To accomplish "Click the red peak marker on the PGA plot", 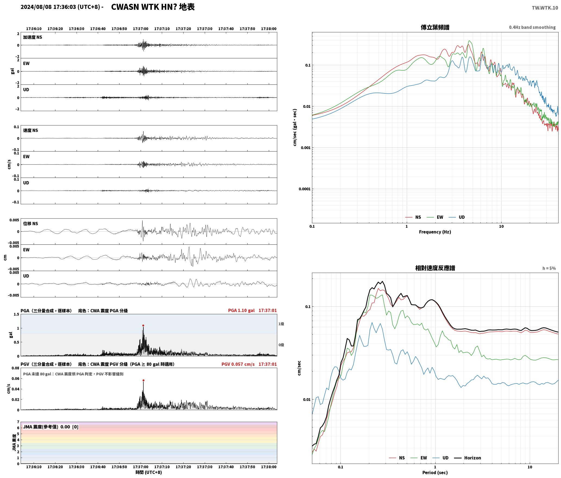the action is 143,325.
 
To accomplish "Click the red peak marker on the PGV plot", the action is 143,380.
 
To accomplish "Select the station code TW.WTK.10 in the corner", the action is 545,8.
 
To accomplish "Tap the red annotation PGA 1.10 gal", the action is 241,310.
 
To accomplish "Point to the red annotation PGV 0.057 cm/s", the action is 238,364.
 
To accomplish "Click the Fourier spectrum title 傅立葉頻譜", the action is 435,27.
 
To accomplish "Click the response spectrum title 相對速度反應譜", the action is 435,268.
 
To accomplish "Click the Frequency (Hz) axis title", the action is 435,232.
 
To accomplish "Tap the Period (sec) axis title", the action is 435,473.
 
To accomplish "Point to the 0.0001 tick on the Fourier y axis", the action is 304,189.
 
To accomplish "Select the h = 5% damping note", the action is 549,268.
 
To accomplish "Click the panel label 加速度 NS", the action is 33,37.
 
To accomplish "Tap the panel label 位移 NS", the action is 30,224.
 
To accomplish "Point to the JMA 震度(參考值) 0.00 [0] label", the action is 51,427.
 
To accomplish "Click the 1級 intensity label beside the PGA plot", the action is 281,324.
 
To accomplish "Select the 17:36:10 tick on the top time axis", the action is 34,29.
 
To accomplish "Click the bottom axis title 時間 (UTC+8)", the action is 149,472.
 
